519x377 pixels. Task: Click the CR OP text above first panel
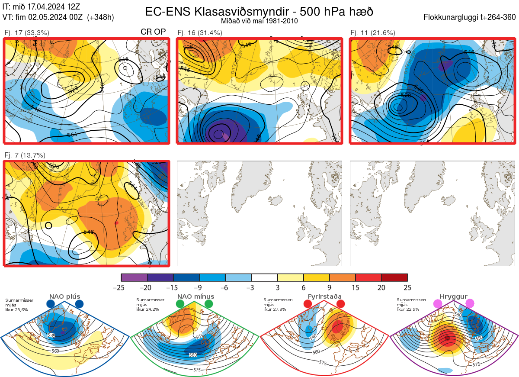click(153, 32)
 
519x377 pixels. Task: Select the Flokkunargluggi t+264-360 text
click(471, 17)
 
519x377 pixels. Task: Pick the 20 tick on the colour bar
click(381, 287)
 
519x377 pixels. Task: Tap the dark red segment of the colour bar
click(394, 277)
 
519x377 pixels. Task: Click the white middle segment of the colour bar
click(264, 277)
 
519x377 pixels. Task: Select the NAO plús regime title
click(64, 296)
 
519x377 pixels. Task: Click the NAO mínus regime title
click(195, 296)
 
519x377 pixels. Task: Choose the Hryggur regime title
click(453, 296)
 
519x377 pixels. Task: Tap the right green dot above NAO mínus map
click(209, 304)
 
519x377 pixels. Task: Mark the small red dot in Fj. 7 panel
click(116, 223)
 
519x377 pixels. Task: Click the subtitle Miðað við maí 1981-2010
click(259, 21)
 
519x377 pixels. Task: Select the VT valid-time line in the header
click(58, 17)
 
